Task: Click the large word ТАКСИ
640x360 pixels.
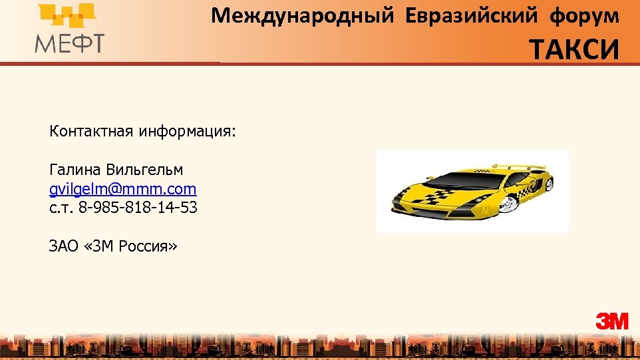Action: click(x=574, y=49)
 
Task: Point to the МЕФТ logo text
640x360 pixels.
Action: click(x=69, y=43)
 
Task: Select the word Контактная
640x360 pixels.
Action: click(x=91, y=131)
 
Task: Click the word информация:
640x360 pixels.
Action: click(x=187, y=131)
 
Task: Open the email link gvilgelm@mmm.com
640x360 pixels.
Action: click(x=122, y=189)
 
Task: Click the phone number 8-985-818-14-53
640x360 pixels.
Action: click(x=138, y=208)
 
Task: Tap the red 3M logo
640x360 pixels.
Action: click(x=611, y=321)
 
